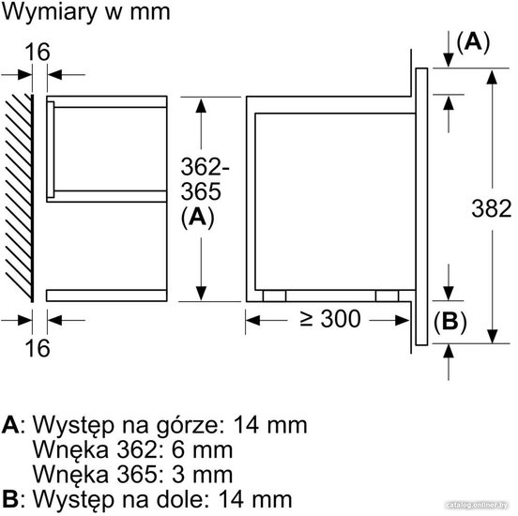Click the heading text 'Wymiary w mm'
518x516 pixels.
coord(86,12)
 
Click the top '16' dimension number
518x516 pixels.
coord(38,53)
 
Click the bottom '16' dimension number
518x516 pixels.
coord(38,348)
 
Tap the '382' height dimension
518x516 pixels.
coord(492,209)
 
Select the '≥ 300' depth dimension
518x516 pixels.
coord(329,319)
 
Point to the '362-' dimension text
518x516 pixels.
coord(205,167)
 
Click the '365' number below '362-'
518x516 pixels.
coord(201,191)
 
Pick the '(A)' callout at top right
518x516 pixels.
coord(473,42)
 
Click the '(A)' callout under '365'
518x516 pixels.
coord(198,218)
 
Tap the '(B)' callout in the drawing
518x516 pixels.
coord(449,322)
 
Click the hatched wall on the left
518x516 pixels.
coord(19,198)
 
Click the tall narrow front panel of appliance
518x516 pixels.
coord(421,206)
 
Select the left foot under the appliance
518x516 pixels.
coord(275,296)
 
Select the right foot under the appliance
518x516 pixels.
coord(387,296)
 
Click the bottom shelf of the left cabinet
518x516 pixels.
coord(106,296)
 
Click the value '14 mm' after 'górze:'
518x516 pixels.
coord(270,425)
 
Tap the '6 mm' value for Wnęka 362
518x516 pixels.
coord(202,450)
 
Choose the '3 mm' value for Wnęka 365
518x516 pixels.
coord(202,475)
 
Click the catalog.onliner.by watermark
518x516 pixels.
coord(477,505)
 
